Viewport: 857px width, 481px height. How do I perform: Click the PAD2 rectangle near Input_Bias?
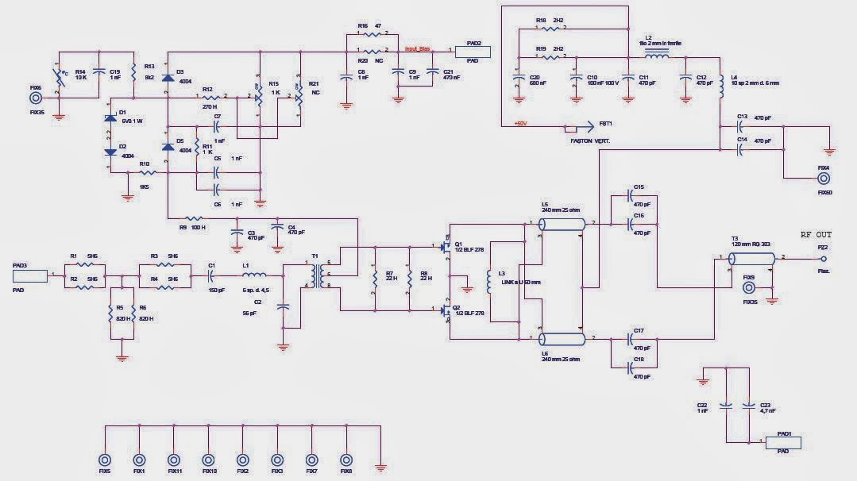473,51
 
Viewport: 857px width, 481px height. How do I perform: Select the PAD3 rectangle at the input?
30,276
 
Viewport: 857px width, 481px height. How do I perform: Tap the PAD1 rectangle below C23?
782,442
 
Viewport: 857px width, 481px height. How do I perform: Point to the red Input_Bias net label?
417,49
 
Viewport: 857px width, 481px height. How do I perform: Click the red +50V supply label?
521,124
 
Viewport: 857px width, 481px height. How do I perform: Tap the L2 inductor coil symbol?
655,56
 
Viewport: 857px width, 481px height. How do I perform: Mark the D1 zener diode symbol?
110,119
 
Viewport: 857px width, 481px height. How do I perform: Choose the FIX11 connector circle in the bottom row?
174,460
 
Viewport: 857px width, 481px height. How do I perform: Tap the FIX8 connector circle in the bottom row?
346,460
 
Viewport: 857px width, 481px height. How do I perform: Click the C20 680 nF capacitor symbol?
519,79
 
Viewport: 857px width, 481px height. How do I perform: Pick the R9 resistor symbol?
195,217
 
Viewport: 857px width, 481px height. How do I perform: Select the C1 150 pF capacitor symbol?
211,275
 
